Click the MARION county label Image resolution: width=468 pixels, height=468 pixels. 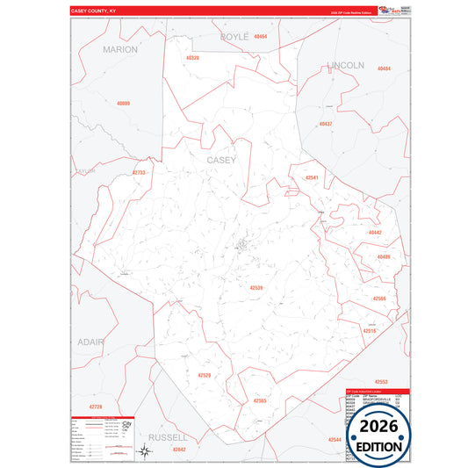[120, 50]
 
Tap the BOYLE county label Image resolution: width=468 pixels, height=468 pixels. [234, 37]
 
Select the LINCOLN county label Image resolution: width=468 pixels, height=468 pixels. [345, 66]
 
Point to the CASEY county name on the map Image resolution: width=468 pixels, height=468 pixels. [221, 161]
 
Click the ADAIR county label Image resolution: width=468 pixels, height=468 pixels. [90, 342]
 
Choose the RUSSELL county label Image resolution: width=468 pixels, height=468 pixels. [168, 436]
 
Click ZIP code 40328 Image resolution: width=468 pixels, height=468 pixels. [192, 58]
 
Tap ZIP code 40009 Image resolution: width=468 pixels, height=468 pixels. [123, 104]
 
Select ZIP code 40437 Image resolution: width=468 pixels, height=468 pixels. [326, 125]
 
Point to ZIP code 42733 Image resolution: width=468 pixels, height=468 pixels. [139, 173]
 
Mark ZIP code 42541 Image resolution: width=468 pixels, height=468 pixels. [312, 178]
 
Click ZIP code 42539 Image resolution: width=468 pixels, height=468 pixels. [256, 288]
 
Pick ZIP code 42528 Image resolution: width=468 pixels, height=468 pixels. [204, 375]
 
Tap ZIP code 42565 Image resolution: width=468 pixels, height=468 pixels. [259, 400]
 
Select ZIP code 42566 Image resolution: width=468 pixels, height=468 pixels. [379, 299]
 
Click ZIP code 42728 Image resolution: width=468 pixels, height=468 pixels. [96, 407]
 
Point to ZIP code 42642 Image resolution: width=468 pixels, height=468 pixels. [179, 449]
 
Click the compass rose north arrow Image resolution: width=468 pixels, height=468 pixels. [145, 451]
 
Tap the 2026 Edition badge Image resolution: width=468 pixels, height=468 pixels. [379, 435]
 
